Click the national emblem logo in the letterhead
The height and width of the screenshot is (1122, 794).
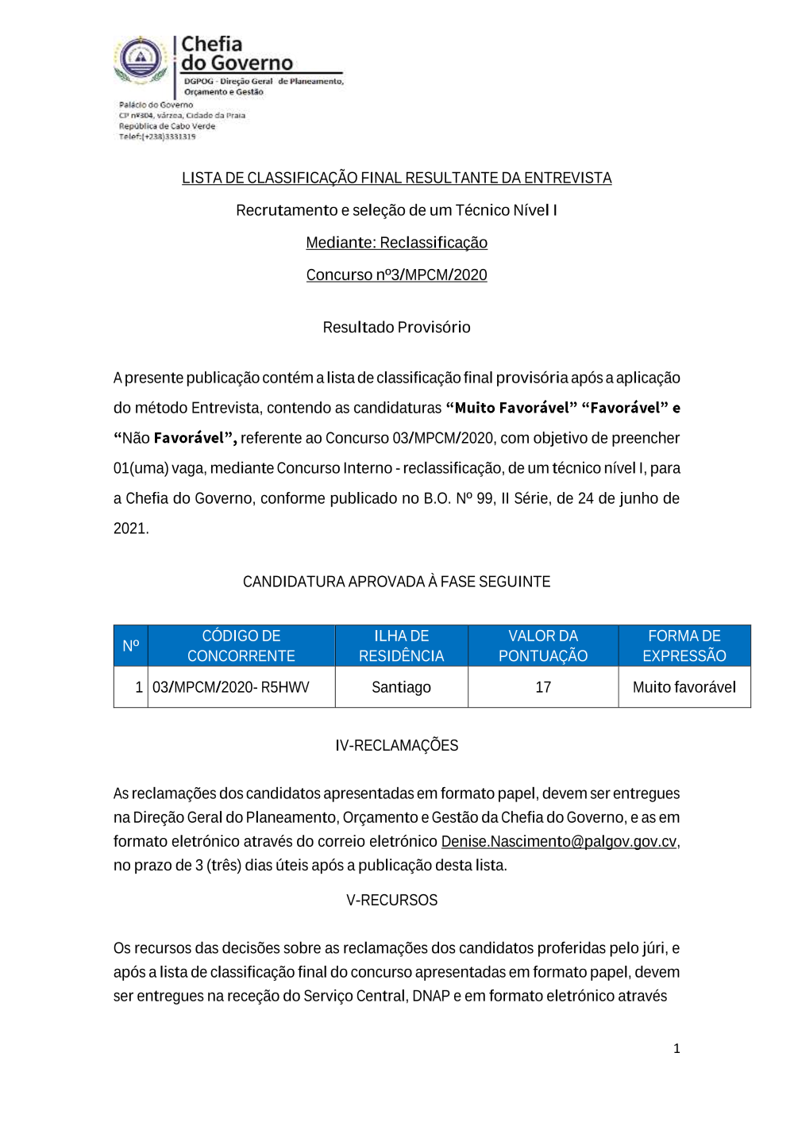[x=141, y=60]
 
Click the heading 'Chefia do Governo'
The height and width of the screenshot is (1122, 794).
[x=237, y=54]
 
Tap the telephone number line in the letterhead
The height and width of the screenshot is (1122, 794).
[x=157, y=136]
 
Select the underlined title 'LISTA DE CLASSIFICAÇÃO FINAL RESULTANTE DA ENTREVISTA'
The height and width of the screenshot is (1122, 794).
[x=396, y=178]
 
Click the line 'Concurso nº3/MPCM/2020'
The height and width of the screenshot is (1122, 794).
[x=396, y=275]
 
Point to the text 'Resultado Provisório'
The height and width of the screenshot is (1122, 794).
[x=396, y=327]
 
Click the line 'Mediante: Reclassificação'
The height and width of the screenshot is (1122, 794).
[x=396, y=243]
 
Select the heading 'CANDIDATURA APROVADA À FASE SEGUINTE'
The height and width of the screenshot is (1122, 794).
[x=396, y=582]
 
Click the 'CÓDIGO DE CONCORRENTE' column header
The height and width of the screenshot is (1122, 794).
[x=241, y=646]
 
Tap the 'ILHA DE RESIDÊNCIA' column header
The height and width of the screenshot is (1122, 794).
[x=401, y=646]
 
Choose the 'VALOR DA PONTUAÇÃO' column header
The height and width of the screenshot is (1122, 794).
[x=543, y=646]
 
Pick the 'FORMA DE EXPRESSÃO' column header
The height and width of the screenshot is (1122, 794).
[x=684, y=646]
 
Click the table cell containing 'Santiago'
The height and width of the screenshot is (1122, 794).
[x=401, y=687]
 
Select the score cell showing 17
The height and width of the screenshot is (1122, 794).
[x=543, y=687]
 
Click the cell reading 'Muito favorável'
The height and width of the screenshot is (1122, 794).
[x=684, y=687]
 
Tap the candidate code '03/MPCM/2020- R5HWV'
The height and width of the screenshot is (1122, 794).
[x=231, y=687]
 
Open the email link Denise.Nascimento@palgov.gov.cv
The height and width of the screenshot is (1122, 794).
[x=558, y=841]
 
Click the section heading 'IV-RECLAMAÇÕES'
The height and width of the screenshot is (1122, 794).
[x=396, y=745]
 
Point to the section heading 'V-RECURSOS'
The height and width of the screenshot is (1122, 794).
[x=391, y=900]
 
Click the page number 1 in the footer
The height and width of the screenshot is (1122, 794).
[x=676, y=1048]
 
